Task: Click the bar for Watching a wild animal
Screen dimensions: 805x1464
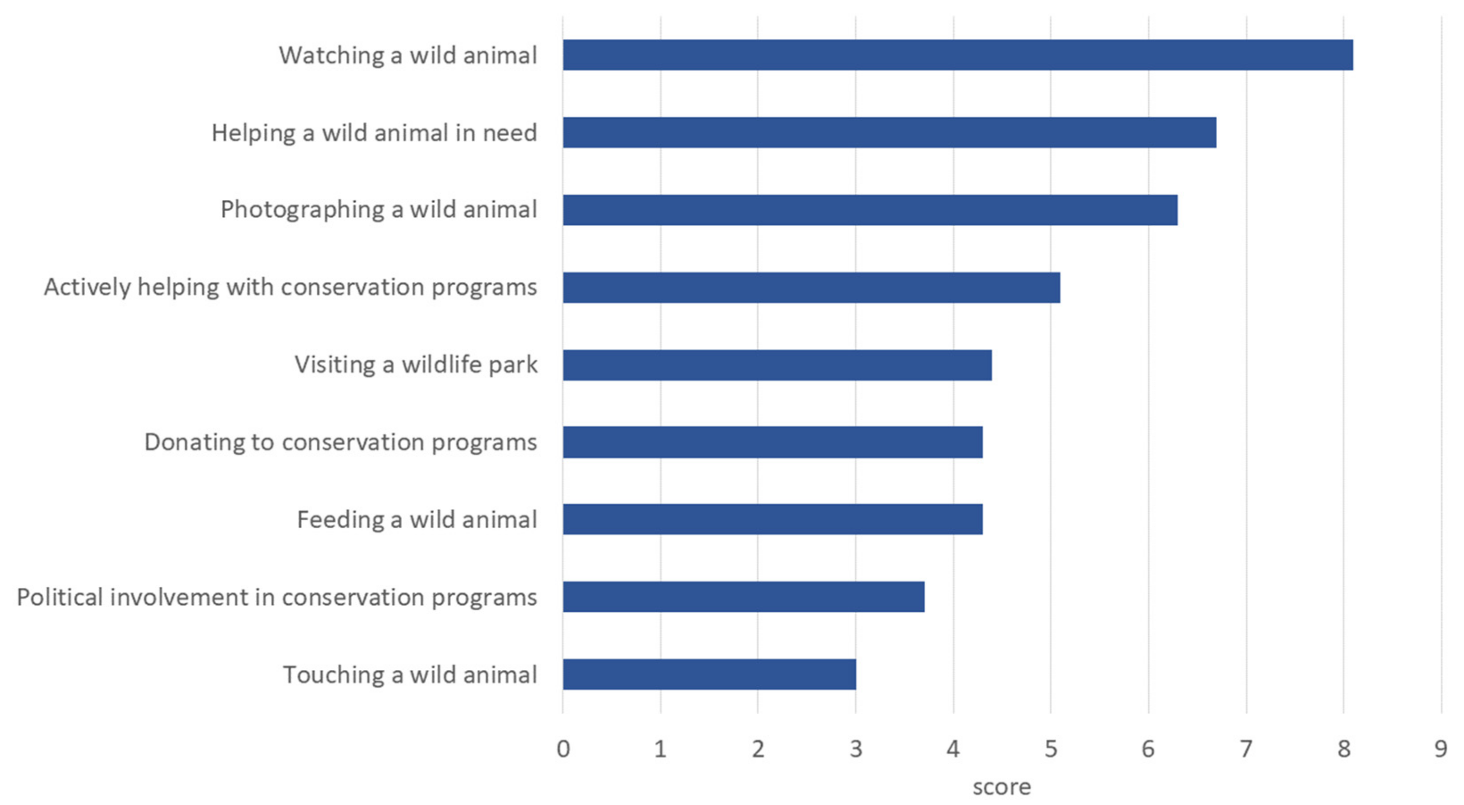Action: (957, 55)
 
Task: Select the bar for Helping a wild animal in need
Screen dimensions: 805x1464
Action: (890, 133)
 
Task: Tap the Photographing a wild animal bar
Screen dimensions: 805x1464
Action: (870, 210)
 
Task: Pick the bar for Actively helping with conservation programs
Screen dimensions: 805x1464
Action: (811, 287)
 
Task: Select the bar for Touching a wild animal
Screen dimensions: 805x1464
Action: (710, 674)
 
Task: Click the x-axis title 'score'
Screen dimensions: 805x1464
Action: (1002, 787)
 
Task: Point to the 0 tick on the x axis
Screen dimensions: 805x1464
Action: (563, 749)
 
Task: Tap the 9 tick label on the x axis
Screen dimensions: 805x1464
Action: (1441, 749)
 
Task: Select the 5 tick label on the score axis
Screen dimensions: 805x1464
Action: (1051, 749)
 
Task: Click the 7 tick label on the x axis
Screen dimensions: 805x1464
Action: (1246, 749)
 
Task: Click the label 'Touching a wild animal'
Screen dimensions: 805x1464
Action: (410, 675)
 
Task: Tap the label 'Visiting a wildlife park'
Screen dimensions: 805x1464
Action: (416, 365)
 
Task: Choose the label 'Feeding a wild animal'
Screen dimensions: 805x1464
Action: (416, 520)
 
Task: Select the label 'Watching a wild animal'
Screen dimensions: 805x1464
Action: (408, 56)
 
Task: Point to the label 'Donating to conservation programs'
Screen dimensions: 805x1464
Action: (341, 442)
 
